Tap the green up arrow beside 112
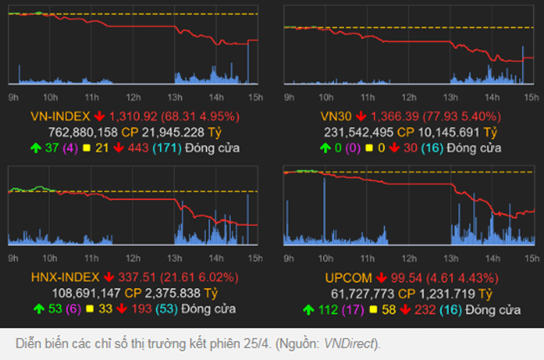click(307, 309)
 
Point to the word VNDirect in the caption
click(351, 344)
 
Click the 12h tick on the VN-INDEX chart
click(132, 96)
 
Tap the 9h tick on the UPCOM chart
click(289, 257)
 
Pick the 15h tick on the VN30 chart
click(528, 96)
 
